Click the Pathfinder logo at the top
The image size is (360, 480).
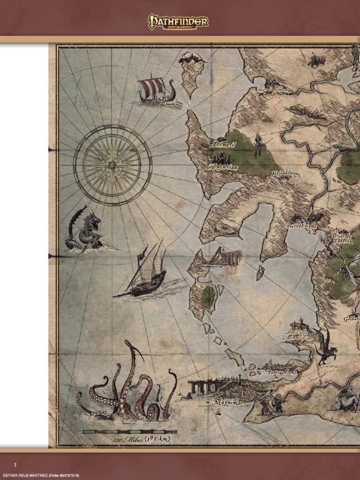pyautogui.click(x=178, y=22)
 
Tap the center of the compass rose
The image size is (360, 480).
pyautogui.click(x=112, y=165)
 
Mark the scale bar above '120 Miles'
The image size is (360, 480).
pyautogui.click(x=129, y=431)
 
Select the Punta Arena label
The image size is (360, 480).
pyautogui.click(x=283, y=372)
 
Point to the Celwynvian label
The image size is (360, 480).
pyautogui.click(x=222, y=167)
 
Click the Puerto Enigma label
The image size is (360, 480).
pyautogui.click(x=301, y=226)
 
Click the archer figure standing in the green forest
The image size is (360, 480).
pyautogui.click(x=258, y=145)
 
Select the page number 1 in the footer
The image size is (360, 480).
pyautogui.click(x=15, y=465)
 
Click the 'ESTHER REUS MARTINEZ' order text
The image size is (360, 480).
pyautogui.click(x=40, y=476)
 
